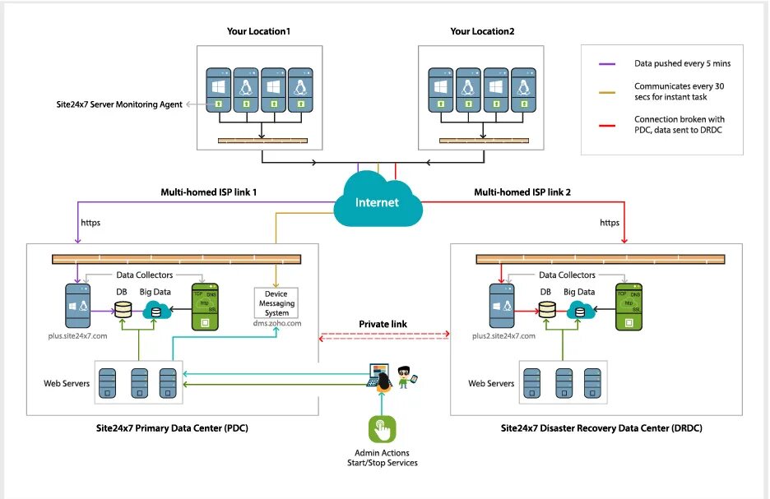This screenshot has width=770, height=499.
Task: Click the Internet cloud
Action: point(377,202)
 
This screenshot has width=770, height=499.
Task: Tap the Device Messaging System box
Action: point(276,303)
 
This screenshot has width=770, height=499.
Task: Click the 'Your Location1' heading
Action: point(259,31)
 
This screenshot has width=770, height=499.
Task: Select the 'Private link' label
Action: point(383,323)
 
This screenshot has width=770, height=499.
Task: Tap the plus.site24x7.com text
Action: point(77,336)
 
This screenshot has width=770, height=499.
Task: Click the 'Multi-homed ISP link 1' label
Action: point(211,192)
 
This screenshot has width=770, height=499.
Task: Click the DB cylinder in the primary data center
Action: point(124,310)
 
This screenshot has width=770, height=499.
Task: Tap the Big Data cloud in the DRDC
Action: point(580,310)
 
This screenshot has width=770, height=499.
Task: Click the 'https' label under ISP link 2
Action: point(610,222)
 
